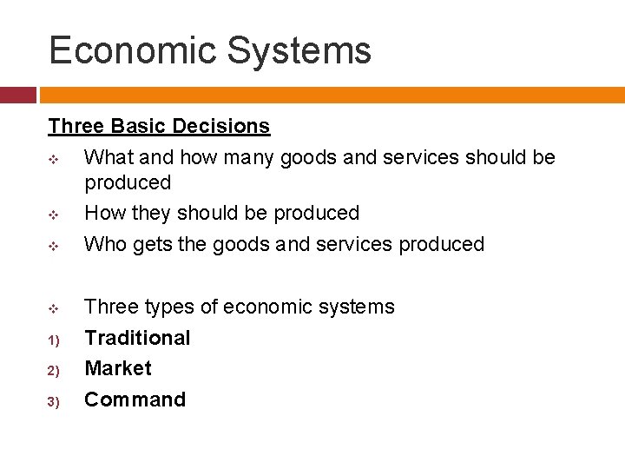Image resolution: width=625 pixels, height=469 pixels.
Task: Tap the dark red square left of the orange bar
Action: point(17,95)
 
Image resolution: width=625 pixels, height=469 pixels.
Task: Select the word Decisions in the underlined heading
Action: point(221,126)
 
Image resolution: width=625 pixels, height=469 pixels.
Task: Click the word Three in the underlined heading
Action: point(76,126)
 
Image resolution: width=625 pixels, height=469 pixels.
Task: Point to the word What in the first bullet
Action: point(107,157)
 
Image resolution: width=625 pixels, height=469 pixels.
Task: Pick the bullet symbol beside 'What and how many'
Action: point(54,159)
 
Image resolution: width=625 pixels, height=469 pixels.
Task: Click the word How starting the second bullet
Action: point(104,213)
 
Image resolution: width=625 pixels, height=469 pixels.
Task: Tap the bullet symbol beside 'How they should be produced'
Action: point(54,215)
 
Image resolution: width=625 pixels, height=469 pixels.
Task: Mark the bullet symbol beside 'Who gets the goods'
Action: point(54,246)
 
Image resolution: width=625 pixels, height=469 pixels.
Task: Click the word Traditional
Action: point(136,338)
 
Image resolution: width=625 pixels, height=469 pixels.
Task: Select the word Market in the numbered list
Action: point(117,368)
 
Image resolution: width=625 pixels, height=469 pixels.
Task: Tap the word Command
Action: point(135,400)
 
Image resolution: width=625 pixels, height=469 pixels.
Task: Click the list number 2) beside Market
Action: point(53,371)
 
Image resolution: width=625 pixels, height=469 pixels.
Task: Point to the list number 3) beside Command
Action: point(53,402)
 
